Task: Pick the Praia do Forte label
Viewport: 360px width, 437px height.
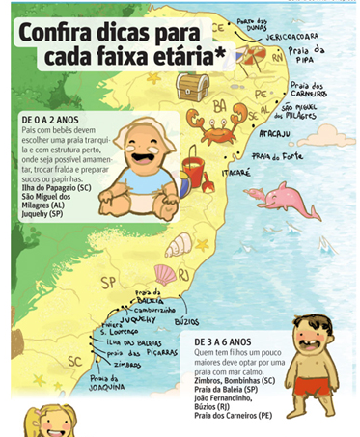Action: pyautogui.click(x=275, y=155)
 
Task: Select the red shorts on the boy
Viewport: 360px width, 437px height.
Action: pyautogui.click(x=315, y=385)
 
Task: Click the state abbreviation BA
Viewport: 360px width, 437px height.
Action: pyautogui.click(x=219, y=105)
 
